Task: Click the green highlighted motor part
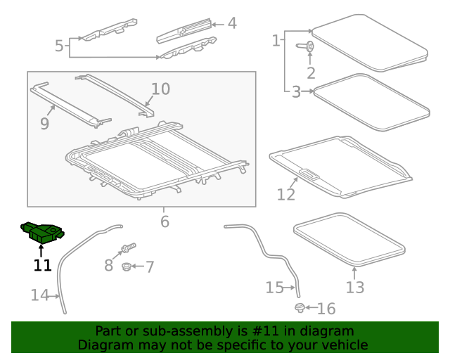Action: tap(42, 232)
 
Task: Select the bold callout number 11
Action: tap(42, 265)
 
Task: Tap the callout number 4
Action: tap(232, 23)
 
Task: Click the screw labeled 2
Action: tap(305, 46)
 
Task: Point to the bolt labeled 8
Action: tap(129, 247)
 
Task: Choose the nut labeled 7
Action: tap(127, 267)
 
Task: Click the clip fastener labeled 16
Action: tap(300, 308)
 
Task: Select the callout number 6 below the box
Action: tap(165, 221)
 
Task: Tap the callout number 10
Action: tap(161, 89)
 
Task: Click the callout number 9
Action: tap(45, 124)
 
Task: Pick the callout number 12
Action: tap(286, 195)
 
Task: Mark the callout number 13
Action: tap(355, 287)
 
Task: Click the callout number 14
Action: tap(39, 295)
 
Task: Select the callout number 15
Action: tap(275, 288)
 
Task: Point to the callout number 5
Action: tap(59, 46)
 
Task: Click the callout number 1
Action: tap(276, 41)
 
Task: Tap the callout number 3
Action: tap(296, 92)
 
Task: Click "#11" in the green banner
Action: tap(265, 331)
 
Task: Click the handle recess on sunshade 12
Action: tap(309, 174)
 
